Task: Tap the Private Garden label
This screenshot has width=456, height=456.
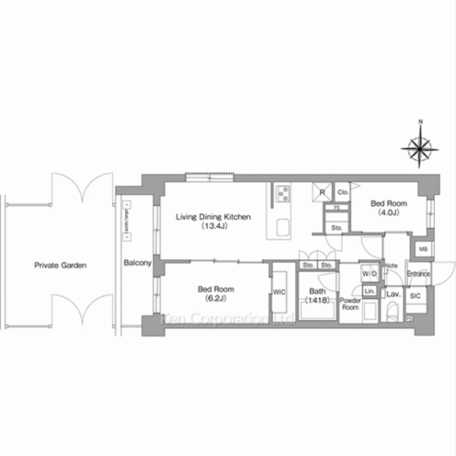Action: point(60,265)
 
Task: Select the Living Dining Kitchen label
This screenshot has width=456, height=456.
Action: point(212,217)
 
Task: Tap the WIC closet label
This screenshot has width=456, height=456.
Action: point(280,293)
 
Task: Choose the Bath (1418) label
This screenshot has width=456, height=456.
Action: point(316,294)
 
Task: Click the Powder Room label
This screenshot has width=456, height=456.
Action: point(351,305)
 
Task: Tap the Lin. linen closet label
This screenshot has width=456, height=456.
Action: point(369,290)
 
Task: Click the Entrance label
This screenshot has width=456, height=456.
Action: point(419,274)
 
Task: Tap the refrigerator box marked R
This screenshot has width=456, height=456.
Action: point(321,192)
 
